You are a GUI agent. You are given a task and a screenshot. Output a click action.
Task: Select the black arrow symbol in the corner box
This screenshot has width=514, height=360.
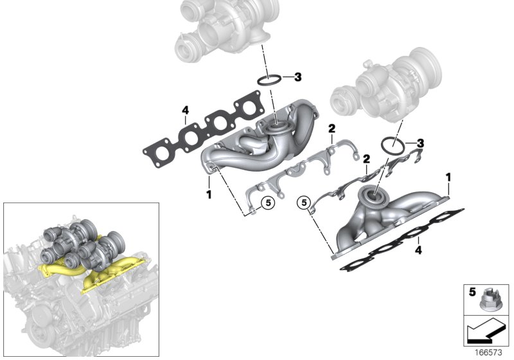pos(486,332)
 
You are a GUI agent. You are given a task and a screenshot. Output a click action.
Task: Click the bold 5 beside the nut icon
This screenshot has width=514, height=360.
pos(471,293)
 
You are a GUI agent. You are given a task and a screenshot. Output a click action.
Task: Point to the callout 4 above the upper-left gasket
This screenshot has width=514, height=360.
pos(185,111)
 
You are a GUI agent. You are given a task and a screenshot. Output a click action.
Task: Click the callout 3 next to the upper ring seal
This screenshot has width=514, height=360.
pos(297,78)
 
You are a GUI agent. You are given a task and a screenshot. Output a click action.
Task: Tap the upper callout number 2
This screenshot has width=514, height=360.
pos(332,129)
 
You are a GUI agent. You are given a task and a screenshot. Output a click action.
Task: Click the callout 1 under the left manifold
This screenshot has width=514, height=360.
pos(209,193)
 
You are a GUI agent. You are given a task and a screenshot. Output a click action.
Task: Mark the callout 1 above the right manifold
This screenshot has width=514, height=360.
pos(448,175)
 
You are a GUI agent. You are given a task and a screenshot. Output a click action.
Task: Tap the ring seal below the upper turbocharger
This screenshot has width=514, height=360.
pos(269,81)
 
